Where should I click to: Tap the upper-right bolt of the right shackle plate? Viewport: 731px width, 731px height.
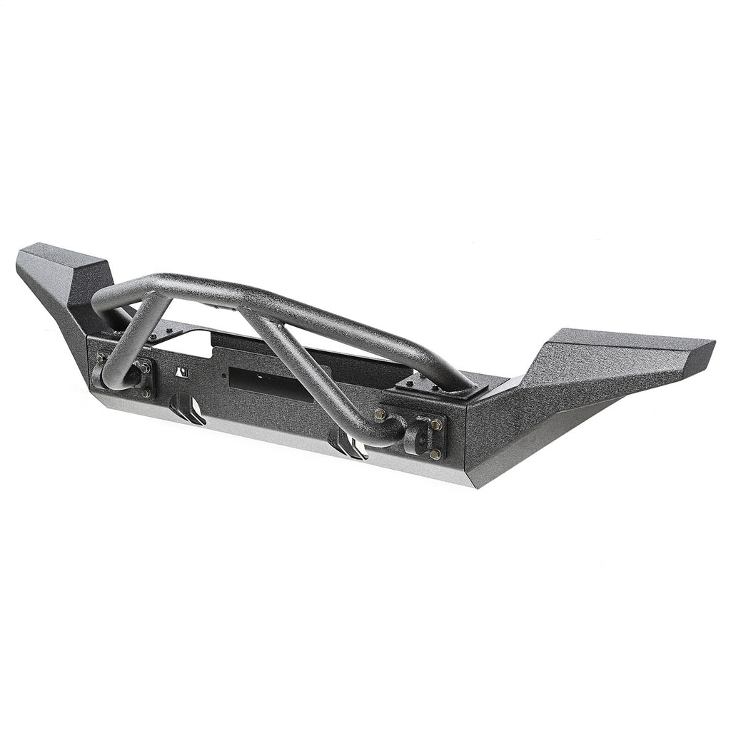click(437, 425)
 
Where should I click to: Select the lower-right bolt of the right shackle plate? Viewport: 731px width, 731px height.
click(435, 454)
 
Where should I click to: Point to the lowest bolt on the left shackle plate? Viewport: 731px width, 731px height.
click(146, 393)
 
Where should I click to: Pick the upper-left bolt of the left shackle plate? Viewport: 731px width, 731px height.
click(100, 358)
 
